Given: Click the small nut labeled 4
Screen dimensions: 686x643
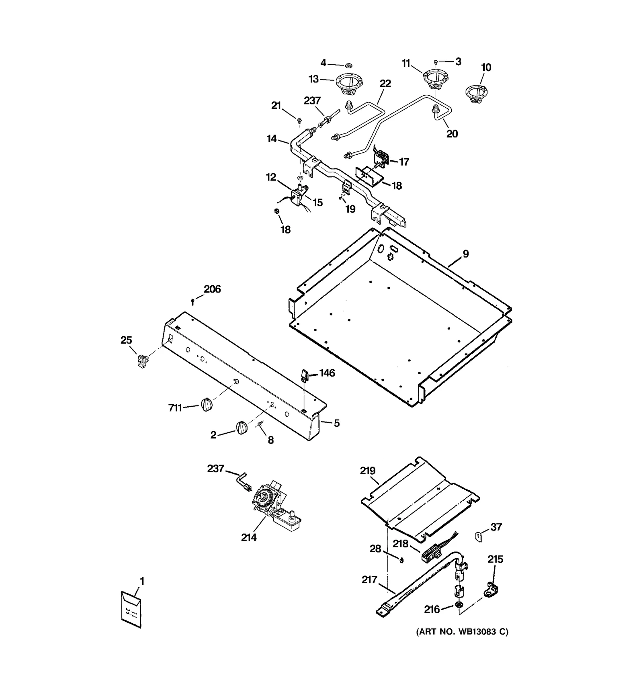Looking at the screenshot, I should [x=348, y=64].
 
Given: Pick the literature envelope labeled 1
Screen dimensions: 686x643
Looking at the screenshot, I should [x=131, y=610].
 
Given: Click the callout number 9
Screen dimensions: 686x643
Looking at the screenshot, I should [x=465, y=254].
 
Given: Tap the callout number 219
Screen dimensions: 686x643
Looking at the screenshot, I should [x=367, y=471].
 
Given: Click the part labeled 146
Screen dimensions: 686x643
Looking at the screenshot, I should [x=304, y=376].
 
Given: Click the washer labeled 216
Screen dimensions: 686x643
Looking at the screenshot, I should [x=458, y=605].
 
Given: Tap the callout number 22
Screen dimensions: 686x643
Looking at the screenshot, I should [x=385, y=84].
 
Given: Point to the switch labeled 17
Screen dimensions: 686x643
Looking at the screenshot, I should [x=381, y=158].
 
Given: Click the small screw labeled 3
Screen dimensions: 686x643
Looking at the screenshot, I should [x=436, y=62].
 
